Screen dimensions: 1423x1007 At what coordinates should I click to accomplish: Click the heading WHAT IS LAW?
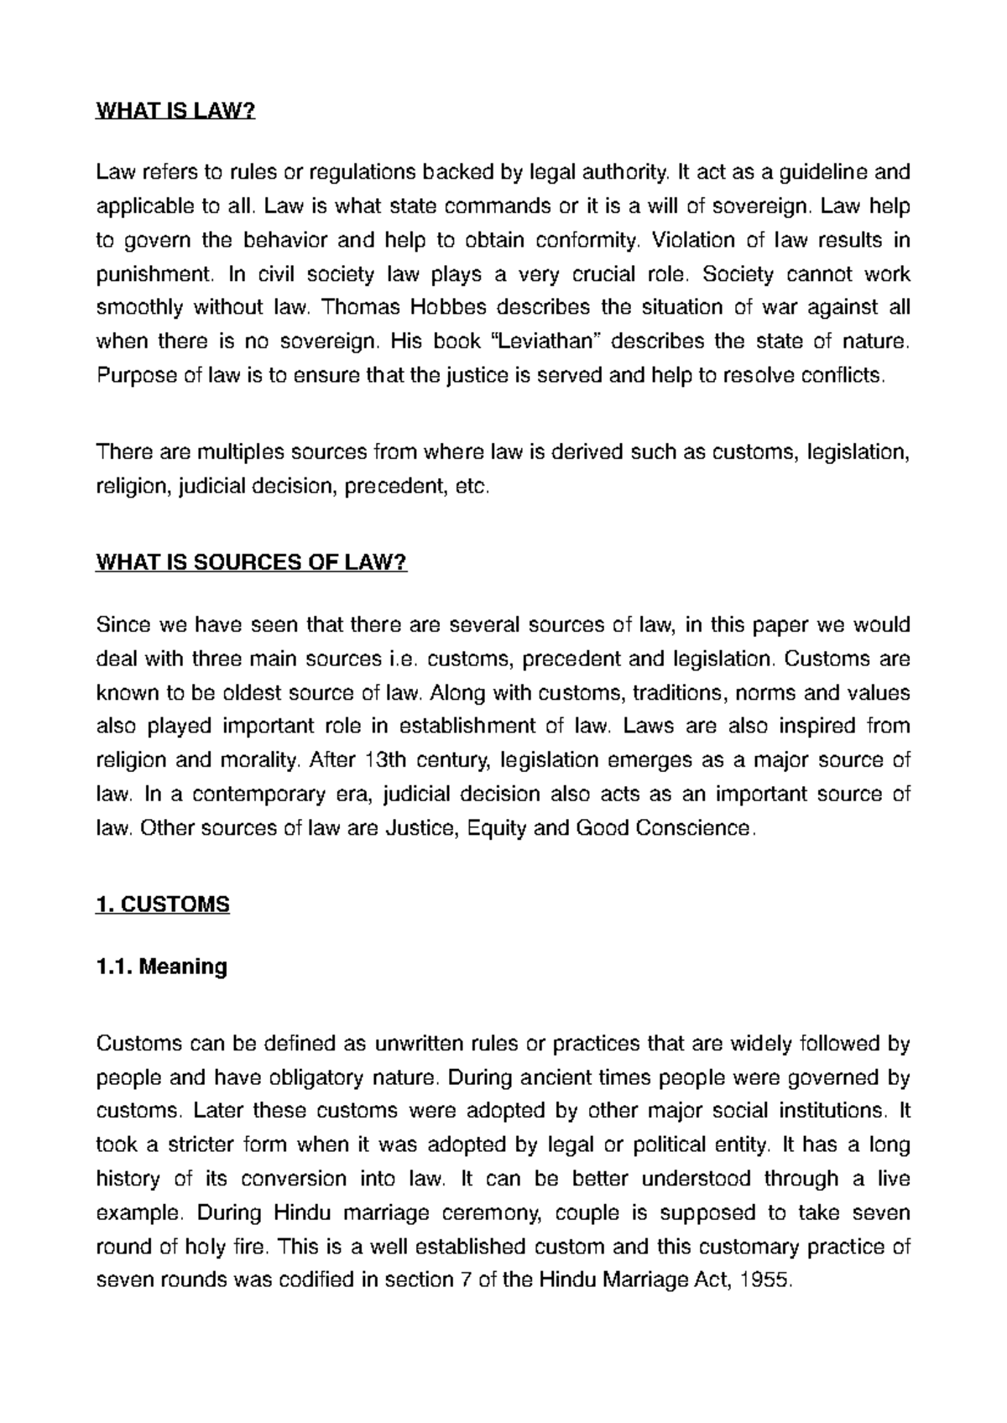(175, 112)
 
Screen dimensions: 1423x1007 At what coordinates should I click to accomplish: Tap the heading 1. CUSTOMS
(163, 904)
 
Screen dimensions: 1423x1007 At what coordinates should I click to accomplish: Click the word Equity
(495, 828)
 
